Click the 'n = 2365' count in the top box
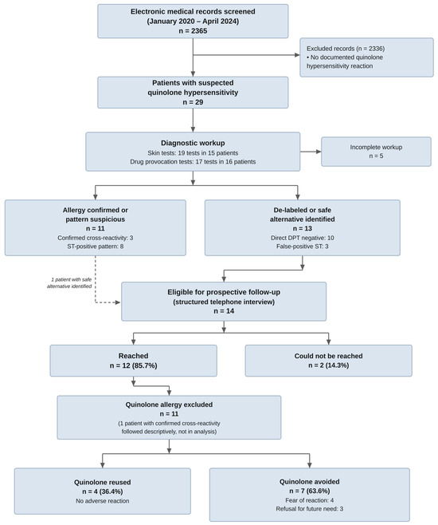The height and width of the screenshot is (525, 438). click(x=193, y=31)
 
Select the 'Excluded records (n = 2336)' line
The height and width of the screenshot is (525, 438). click(x=346, y=49)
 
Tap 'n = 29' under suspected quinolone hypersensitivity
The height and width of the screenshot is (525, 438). click(x=193, y=102)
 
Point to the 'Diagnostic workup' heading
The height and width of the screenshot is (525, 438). click(x=193, y=143)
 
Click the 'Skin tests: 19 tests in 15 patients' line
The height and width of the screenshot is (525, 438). click(x=193, y=153)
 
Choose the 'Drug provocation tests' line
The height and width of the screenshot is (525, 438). click(x=193, y=162)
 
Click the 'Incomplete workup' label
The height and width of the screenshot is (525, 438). click(x=376, y=148)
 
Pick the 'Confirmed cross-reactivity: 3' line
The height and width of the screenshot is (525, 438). click(x=96, y=238)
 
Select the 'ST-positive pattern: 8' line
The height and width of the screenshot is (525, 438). click(x=96, y=247)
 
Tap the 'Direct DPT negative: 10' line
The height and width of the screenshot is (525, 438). click(x=303, y=238)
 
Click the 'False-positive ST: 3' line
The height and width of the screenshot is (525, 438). click(x=303, y=247)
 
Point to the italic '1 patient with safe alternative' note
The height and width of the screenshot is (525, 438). click(x=69, y=283)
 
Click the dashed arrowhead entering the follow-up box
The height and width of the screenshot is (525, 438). click(x=118, y=302)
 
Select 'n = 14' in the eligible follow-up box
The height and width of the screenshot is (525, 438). click(x=224, y=311)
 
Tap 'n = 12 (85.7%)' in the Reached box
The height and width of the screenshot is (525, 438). click(x=133, y=365)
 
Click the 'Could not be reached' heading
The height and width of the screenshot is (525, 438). click(x=328, y=356)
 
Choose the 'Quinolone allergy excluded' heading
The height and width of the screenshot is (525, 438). click(x=169, y=405)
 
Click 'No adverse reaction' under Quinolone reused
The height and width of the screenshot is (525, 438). click(x=102, y=501)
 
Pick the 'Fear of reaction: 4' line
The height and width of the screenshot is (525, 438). click(x=309, y=500)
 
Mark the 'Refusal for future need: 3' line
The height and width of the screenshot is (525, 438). click(x=309, y=509)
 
